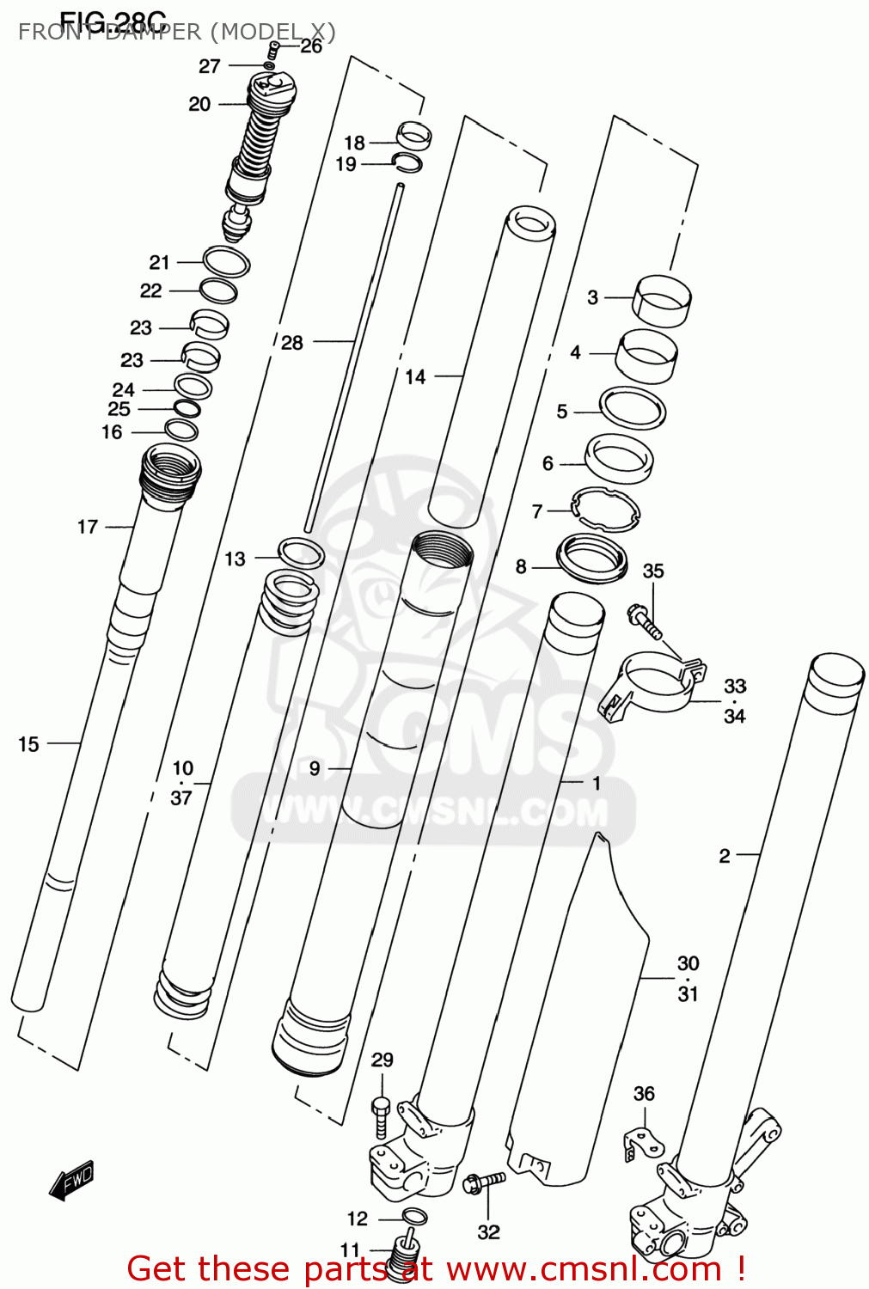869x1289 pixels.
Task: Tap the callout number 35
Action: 653,571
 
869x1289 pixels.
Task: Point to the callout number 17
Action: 88,527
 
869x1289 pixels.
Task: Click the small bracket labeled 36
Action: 643,1144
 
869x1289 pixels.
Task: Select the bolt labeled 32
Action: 483,1183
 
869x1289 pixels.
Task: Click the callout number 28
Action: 292,343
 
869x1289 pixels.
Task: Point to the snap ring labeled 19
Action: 407,162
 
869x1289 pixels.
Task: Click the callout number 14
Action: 415,376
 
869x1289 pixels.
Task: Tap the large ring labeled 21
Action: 227,262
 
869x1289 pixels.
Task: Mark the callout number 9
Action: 315,768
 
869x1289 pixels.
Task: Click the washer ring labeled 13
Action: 302,553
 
